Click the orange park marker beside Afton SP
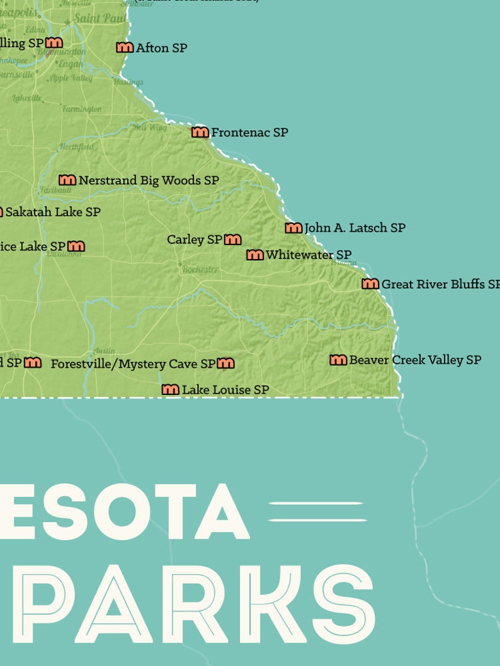(125, 47)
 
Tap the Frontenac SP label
(249, 133)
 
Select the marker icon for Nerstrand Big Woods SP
(67, 180)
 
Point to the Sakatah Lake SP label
(53, 212)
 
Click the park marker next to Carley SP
(233, 240)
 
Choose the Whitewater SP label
(308, 255)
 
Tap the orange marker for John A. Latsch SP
(293, 228)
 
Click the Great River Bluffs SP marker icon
(370, 284)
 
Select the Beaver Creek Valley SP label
(415, 360)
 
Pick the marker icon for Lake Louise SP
(171, 390)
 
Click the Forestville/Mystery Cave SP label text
(133, 364)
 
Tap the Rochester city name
(200, 269)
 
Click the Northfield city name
(76, 147)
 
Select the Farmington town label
(82, 109)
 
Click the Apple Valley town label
(71, 78)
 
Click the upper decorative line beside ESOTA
(316, 504)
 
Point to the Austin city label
(104, 351)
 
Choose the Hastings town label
(128, 82)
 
